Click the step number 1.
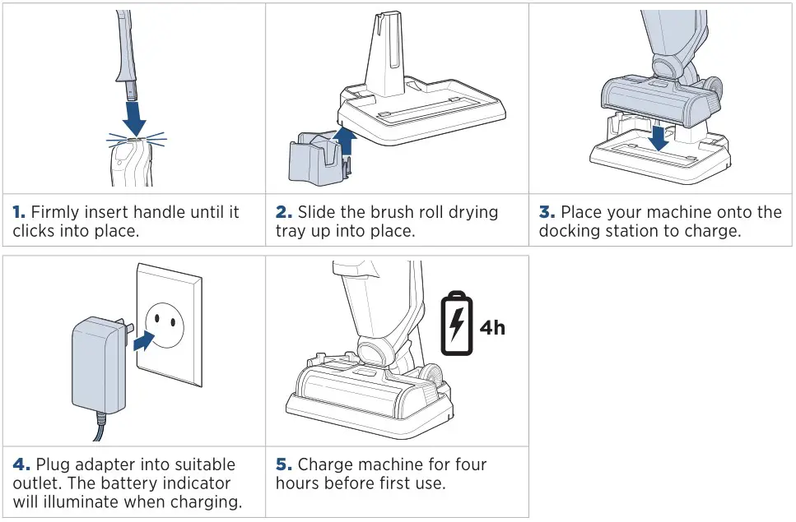tap(18, 212)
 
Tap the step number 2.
tap(282, 212)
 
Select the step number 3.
tap(547, 212)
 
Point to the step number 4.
tap(19, 464)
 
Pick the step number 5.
tap(282, 464)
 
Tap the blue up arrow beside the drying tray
tap(346, 141)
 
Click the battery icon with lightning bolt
tap(456, 324)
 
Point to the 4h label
tap(492, 327)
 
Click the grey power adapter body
tap(97, 366)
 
